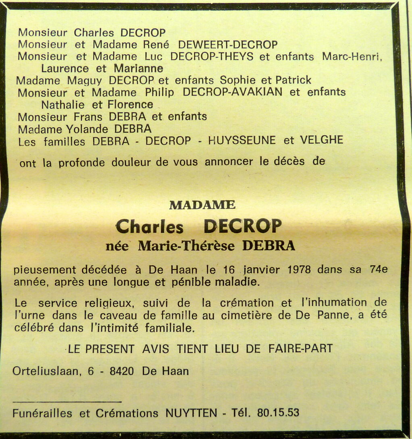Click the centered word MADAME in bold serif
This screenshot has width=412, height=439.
(202, 205)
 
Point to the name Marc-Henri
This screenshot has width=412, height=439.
(351, 56)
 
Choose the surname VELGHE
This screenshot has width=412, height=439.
(321, 140)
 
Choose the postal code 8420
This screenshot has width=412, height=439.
(122, 371)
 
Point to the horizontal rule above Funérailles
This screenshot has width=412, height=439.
(67, 401)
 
